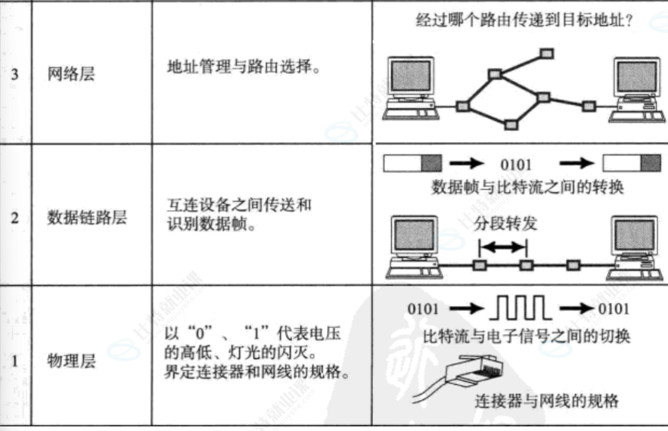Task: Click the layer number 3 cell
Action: point(15,74)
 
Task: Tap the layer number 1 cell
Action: point(15,361)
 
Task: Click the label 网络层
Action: point(71,74)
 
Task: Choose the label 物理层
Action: point(71,361)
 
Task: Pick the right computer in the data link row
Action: point(634,246)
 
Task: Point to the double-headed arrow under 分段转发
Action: point(502,247)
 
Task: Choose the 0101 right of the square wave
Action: point(613,309)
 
